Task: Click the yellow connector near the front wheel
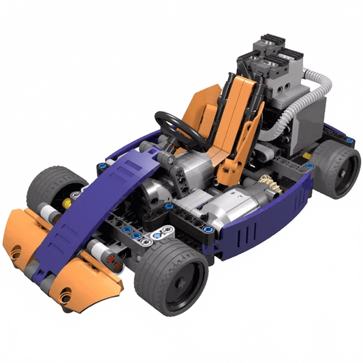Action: pyautogui.click(x=67, y=202)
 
